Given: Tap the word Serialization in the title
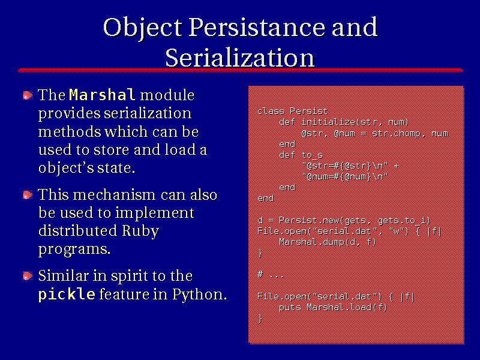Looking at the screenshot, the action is [240, 58].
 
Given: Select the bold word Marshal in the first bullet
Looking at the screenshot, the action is [102, 95].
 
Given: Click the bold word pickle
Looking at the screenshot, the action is [67, 294].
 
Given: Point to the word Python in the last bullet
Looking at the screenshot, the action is [199, 295].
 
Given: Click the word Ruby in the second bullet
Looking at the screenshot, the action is [140, 231].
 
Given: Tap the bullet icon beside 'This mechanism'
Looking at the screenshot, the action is [28, 195].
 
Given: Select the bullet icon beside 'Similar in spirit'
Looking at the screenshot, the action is [28, 276].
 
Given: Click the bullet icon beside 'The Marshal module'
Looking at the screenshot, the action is [28, 95].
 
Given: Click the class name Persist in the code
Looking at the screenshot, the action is [308, 111].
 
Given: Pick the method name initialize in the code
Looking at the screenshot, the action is [328, 122].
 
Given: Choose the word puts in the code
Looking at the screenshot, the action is [290, 307].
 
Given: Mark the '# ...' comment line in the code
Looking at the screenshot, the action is [271, 275].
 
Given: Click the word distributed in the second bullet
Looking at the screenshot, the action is [78, 230].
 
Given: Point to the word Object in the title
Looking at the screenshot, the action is [143, 28].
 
